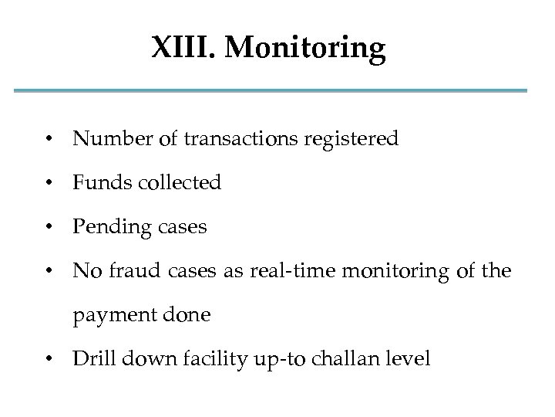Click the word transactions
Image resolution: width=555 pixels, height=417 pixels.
(x=233, y=139)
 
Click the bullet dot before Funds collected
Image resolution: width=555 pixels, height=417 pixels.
(x=49, y=184)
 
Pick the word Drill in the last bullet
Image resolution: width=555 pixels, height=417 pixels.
(x=91, y=358)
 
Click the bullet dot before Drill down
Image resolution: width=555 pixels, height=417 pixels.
(x=49, y=359)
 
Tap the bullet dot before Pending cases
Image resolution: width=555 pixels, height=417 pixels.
(x=49, y=228)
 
